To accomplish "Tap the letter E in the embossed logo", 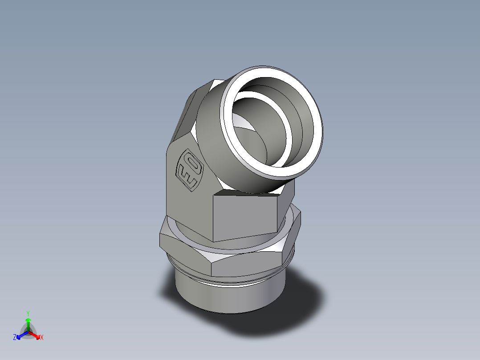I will coord(187,178).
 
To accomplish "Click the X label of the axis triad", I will coord(42,337).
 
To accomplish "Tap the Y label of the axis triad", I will coord(28,313).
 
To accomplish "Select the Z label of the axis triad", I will coord(15,337).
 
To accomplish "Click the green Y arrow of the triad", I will coord(28,323).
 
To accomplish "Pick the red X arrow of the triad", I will coord(36,335).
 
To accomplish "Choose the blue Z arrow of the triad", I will coord(20,335).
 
